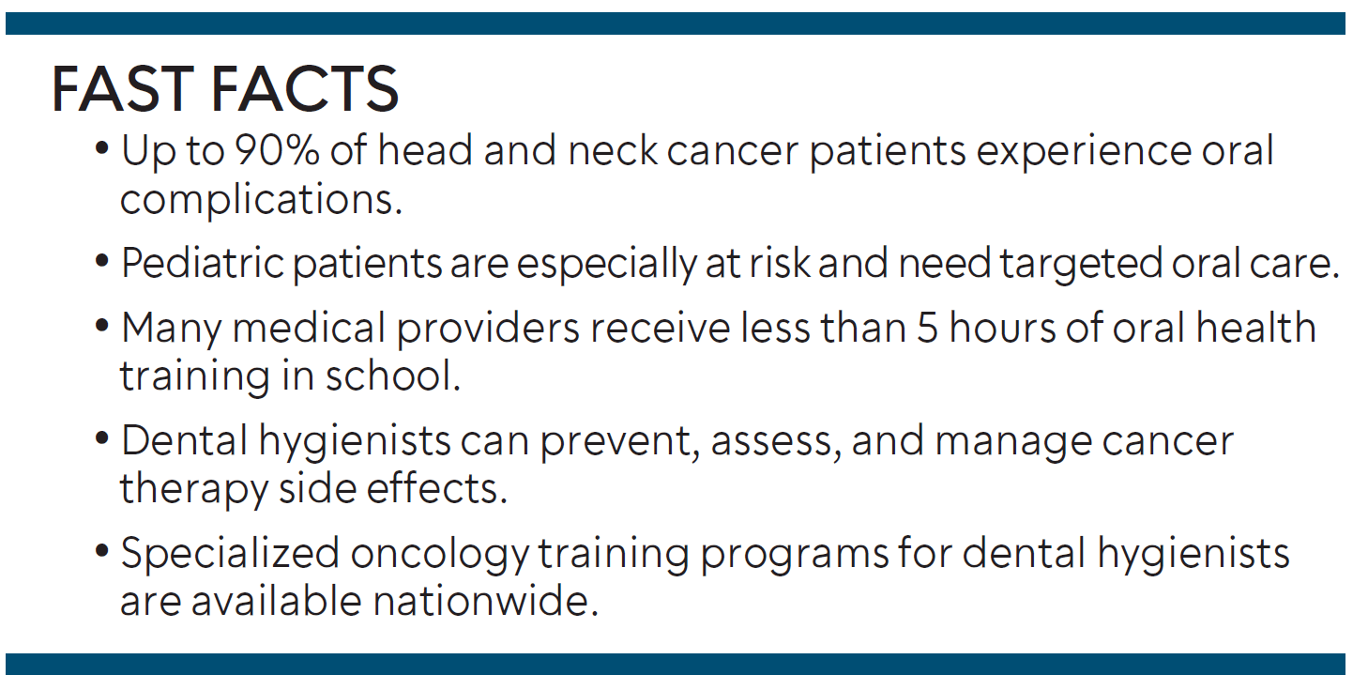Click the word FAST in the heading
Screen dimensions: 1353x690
tap(123, 89)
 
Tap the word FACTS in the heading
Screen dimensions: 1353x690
tap(305, 89)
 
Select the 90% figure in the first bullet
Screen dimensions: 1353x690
tap(277, 150)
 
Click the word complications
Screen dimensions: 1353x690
tap(261, 200)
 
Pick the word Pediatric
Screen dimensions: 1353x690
tap(203, 264)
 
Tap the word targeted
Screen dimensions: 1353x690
tap(1081, 265)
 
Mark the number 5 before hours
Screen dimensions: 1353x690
tap(927, 329)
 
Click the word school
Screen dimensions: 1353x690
tap(392, 376)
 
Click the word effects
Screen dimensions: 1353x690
tap(436, 487)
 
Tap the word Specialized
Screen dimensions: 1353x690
tap(230, 554)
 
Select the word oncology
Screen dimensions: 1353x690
tap(440, 555)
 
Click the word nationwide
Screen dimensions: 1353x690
tap(486, 601)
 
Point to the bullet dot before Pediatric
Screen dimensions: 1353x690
tap(102, 262)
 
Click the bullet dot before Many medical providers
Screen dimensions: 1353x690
tap(102, 327)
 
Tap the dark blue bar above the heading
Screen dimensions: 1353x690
tap(676, 23)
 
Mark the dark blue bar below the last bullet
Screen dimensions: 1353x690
tap(676, 664)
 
